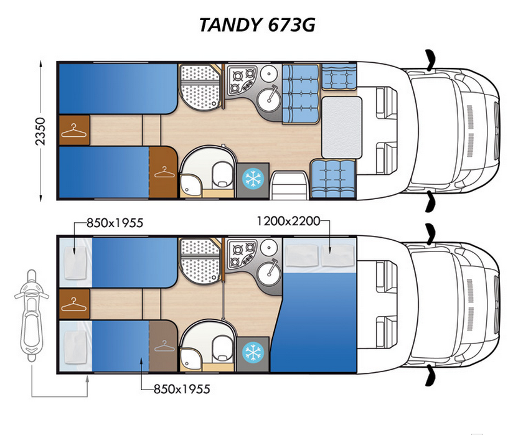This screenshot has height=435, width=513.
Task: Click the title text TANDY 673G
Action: (x=257, y=25)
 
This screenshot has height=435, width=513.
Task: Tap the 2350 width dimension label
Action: (x=40, y=131)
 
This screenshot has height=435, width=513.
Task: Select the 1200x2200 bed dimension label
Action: (x=288, y=221)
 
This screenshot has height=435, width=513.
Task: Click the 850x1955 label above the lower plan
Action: (x=115, y=223)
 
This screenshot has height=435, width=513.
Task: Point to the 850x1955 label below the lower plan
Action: (x=182, y=389)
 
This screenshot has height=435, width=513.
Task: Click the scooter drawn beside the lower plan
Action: (x=31, y=315)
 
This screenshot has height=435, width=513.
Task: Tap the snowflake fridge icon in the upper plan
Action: (x=253, y=179)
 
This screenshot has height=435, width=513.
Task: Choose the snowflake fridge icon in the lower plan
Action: (x=253, y=353)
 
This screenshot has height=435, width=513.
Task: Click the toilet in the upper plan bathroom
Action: (x=222, y=175)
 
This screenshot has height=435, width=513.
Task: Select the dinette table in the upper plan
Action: (x=342, y=128)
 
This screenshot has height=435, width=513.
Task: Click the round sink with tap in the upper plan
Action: (x=269, y=100)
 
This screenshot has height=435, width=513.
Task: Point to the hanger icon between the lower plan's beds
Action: (x=74, y=304)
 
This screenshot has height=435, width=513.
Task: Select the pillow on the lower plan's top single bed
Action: (x=75, y=263)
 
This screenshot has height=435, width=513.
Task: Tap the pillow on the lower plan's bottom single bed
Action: (x=75, y=347)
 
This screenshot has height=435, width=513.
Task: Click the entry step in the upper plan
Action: (x=289, y=185)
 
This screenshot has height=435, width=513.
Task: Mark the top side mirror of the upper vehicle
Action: (x=431, y=60)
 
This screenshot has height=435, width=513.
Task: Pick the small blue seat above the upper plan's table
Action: (x=339, y=77)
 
